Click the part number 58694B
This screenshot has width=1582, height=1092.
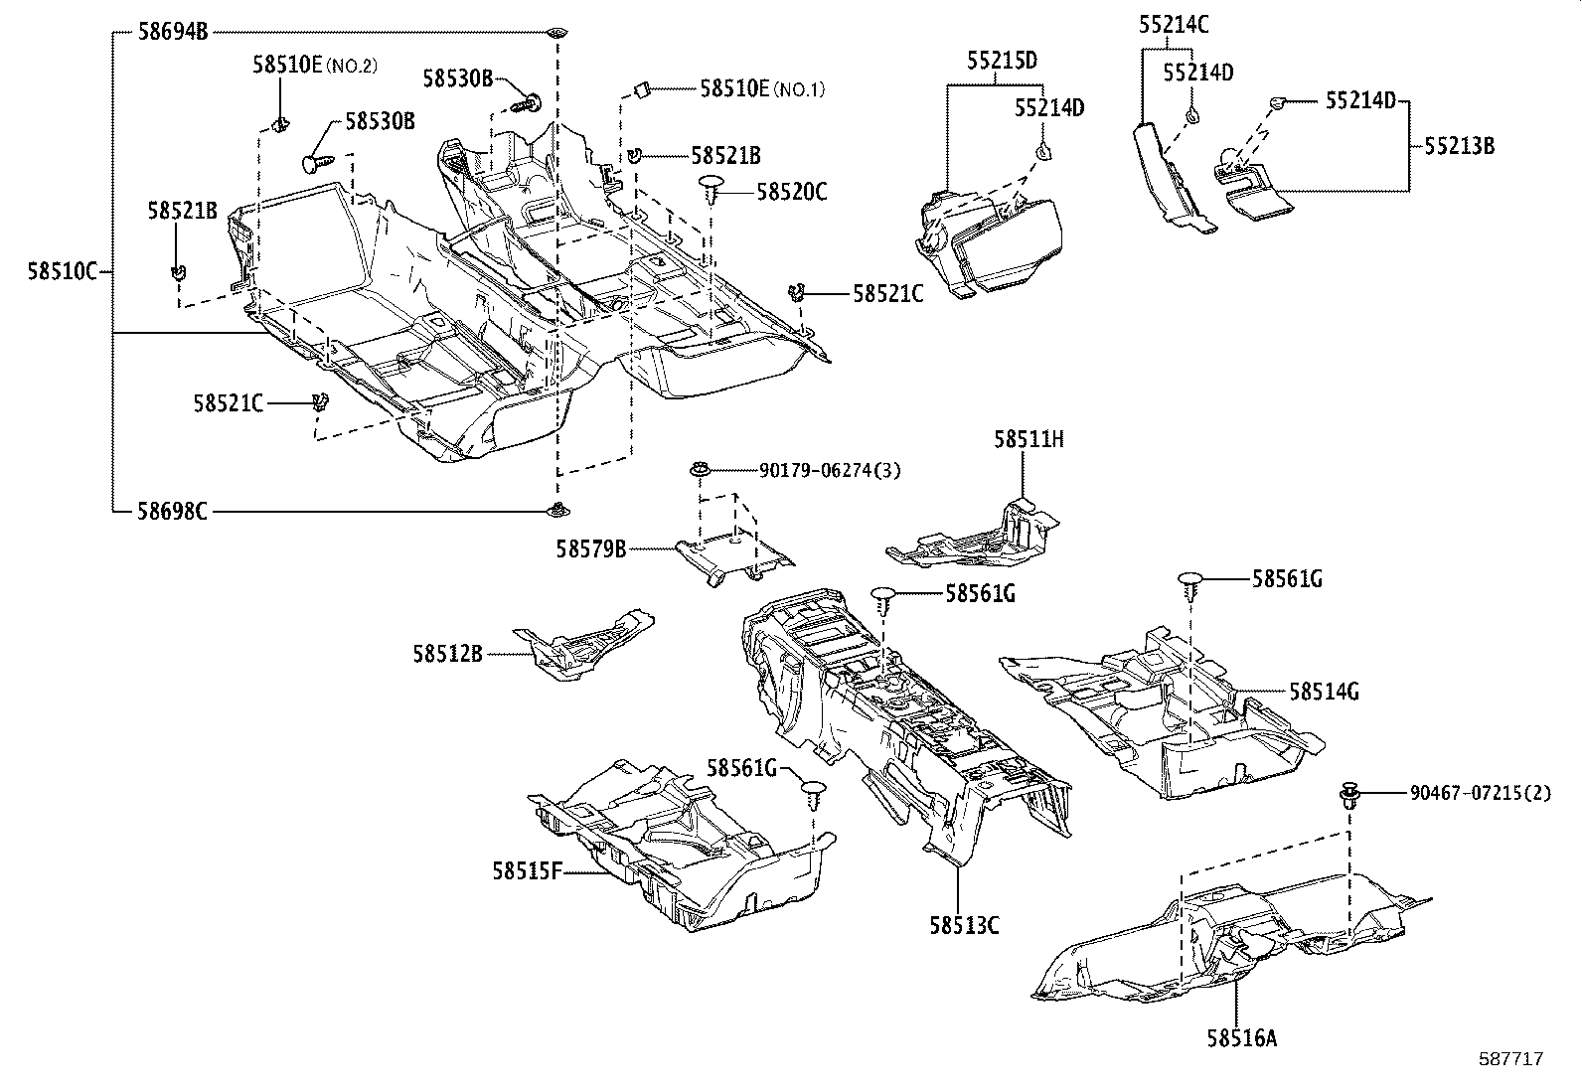click(x=172, y=32)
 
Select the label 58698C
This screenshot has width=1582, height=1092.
click(x=172, y=512)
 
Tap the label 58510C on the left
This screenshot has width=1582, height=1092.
click(x=62, y=270)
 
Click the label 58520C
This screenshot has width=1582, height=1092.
click(x=791, y=192)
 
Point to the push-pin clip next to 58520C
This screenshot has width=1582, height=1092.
click(x=713, y=186)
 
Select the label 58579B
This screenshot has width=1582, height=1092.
click(x=590, y=547)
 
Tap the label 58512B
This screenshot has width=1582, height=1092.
click(x=447, y=654)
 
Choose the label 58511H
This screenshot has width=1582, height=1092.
click(x=1028, y=439)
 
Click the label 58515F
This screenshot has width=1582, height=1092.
click(x=527, y=871)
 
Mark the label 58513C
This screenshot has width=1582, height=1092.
click(x=963, y=925)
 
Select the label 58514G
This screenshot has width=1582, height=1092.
click(x=1324, y=691)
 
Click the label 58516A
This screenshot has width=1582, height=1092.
click(x=1241, y=1038)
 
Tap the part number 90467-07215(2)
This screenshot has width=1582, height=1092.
click(x=1479, y=793)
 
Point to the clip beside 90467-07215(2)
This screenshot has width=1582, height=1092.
click(x=1349, y=793)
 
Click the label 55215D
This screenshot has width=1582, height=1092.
click(x=1001, y=61)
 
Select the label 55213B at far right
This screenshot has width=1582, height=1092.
click(x=1458, y=146)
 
